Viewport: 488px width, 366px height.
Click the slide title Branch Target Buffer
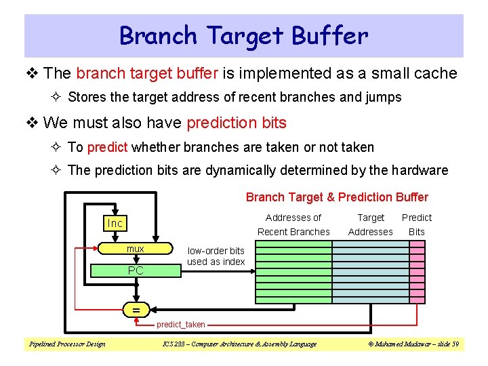[244, 35]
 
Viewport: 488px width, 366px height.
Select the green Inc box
[115, 223]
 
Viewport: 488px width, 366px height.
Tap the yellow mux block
[136, 249]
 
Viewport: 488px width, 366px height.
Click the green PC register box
[136, 270]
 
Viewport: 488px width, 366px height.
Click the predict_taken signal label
[181, 325]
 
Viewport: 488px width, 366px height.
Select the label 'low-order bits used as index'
[216, 256]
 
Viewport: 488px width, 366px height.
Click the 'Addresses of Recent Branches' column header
[293, 224]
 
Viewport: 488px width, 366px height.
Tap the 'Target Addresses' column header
[370, 224]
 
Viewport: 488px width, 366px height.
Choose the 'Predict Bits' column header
[416, 224]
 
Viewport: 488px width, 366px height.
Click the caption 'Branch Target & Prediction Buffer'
[337, 197]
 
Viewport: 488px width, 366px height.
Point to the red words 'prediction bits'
[237, 123]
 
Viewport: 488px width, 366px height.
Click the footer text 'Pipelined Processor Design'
[66, 344]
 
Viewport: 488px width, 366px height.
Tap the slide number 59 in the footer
[455, 344]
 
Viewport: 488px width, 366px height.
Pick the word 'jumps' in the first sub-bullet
[384, 97]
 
